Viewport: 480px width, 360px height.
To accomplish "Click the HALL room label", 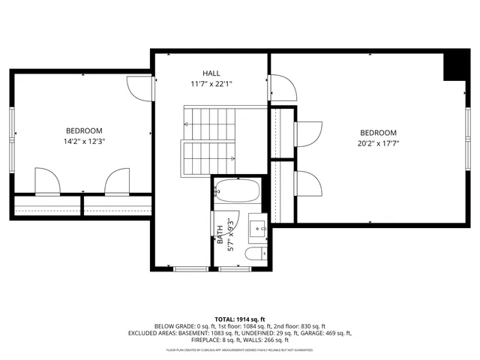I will click(211, 73).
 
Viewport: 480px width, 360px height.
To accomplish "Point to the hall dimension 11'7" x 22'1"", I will click(211, 84).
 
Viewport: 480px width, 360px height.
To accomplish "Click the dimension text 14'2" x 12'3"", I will click(83, 141).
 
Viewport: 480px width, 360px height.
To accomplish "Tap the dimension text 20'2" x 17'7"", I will click(378, 143).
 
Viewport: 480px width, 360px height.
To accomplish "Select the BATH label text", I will click(220, 235).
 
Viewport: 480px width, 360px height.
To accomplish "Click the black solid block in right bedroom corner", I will click(454, 66).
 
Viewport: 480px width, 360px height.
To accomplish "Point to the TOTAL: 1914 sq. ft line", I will click(240, 319).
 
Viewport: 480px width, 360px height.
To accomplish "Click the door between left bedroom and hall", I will click(140, 88).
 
